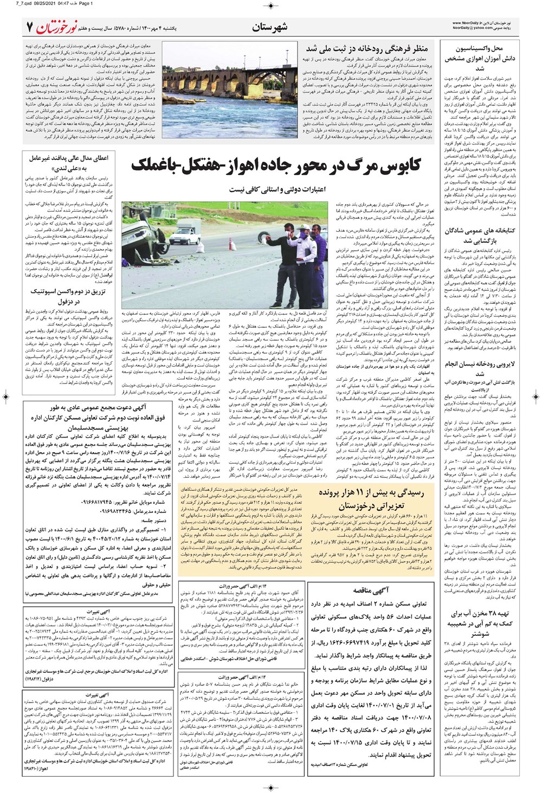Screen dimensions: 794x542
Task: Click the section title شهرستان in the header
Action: click(x=270, y=27)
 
